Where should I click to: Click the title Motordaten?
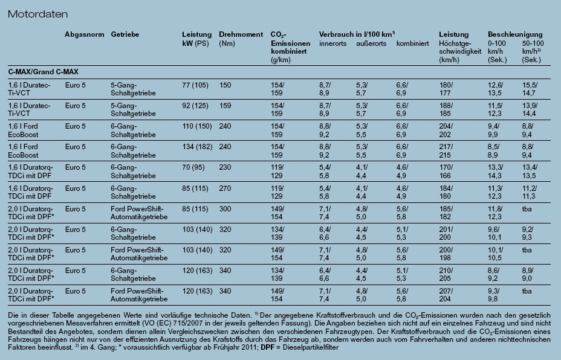tap(37, 14)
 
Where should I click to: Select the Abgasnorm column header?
tap(85, 34)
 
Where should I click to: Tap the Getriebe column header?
tap(125, 34)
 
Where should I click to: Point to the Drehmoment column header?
tap(241, 34)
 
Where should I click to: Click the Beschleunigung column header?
tap(515, 34)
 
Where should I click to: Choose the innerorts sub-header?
tap(332, 43)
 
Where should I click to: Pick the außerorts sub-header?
tap(371, 43)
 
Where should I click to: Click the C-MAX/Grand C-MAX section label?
tap(44, 72)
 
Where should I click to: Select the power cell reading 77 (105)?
tap(195, 85)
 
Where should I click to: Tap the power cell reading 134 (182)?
tap(197, 147)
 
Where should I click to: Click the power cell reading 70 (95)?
tap(193, 167)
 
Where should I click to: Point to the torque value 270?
tap(225, 188)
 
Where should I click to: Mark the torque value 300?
tap(225, 209)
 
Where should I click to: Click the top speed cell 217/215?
tap(446, 151)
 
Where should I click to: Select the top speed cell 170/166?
tap(446, 172)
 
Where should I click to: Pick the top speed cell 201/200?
tap(446, 233)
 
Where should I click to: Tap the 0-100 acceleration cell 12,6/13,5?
tap(496, 89)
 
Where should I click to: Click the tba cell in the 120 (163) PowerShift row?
tap(527, 291)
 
